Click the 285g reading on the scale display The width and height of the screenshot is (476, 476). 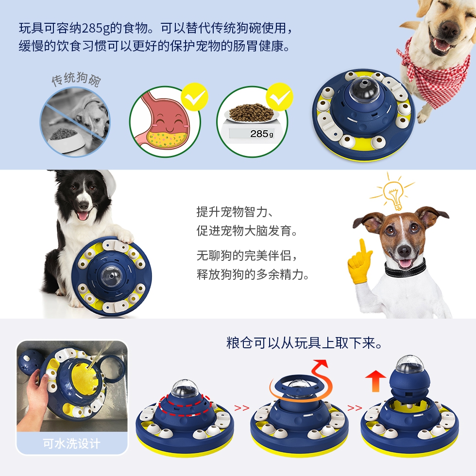[261, 134]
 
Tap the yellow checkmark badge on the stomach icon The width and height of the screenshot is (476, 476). [195, 97]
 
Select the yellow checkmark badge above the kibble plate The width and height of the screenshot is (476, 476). [280, 97]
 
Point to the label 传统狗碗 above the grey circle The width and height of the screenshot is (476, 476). [76, 79]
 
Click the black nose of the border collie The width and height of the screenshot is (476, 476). [83, 206]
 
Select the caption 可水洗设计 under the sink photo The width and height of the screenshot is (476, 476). [71, 443]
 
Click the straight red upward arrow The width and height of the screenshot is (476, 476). [375, 380]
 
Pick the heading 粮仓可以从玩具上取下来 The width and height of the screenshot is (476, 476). [304, 343]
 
